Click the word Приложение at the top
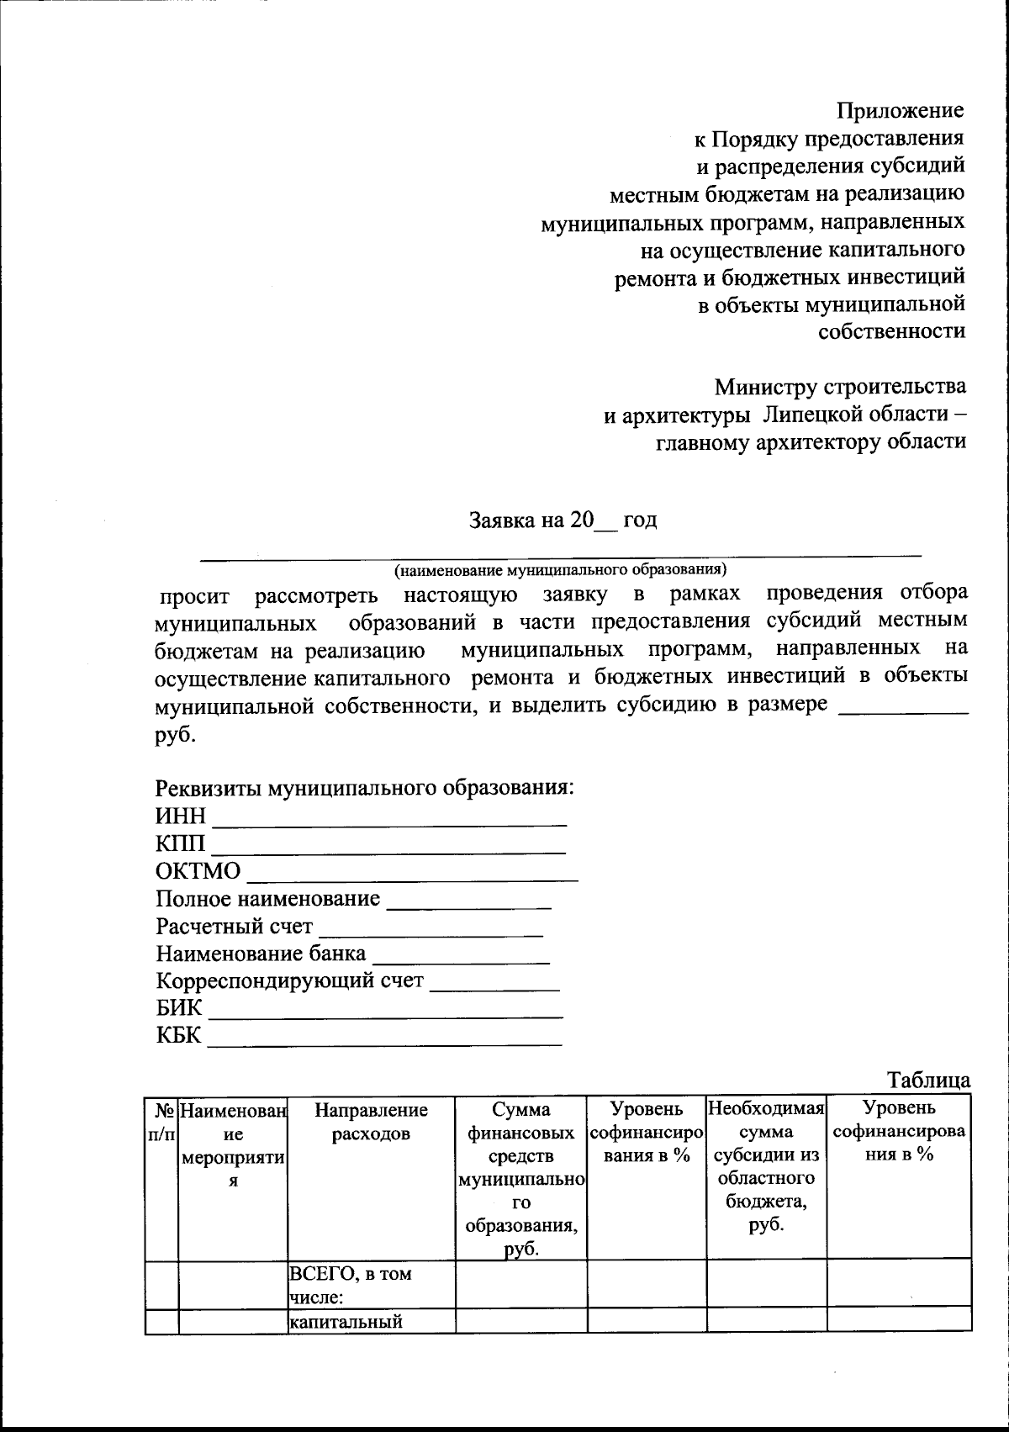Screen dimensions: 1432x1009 coord(900,111)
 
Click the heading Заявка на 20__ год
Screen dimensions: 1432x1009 coord(563,520)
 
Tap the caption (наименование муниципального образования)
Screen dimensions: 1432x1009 coord(560,569)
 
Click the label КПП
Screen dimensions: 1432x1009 coord(179,843)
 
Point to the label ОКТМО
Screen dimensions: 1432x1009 coord(198,871)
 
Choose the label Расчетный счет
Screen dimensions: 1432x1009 coord(234,927)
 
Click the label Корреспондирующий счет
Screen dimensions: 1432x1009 coord(289,981)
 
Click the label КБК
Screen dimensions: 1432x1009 coord(178,1035)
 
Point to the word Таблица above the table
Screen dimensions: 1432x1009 coord(928,1080)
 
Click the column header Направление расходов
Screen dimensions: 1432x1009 coord(371,1122)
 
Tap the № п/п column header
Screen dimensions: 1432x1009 coord(160,1122)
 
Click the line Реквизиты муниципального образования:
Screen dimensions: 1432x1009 coord(365,789)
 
